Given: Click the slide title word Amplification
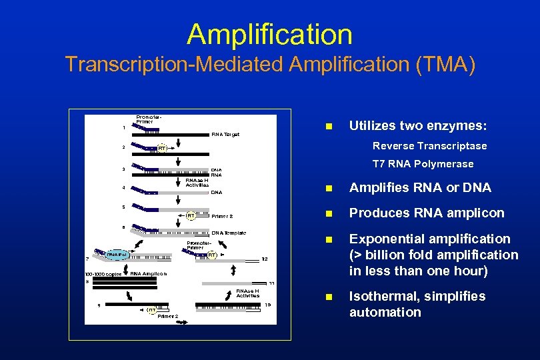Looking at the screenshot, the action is pyautogui.click(x=269, y=34).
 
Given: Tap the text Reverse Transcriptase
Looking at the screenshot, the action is pyautogui.click(x=429, y=145).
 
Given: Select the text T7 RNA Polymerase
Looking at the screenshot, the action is pyautogui.click(x=423, y=163).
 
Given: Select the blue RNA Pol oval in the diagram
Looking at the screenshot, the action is pyautogui.click(x=107, y=254).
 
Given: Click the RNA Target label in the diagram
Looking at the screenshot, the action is pyautogui.click(x=225, y=134).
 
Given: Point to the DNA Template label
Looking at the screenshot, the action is pyautogui.click(x=229, y=233).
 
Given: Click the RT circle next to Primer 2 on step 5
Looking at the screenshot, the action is pyautogui.click(x=190, y=215).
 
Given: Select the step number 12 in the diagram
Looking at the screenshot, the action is pyautogui.click(x=265, y=259).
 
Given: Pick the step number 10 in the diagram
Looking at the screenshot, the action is pyautogui.click(x=267, y=304).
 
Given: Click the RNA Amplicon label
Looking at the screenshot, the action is pyautogui.click(x=148, y=273).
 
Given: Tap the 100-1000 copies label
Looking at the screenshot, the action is pyautogui.click(x=103, y=274).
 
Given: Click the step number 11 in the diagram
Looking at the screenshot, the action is pyautogui.click(x=271, y=283).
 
